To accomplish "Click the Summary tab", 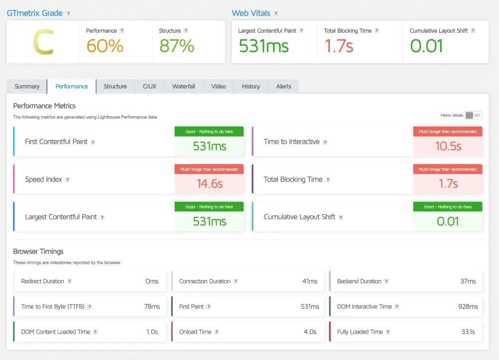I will (x=27, y=86).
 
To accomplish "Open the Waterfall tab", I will (x=184, y=86).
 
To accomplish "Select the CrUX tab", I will (x=149, y=86).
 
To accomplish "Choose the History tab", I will (x=250, y=86).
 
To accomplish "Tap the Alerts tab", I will (x=283, y=86).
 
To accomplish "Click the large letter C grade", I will (x=43, y=43).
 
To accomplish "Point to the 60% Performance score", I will (x=105, y=46).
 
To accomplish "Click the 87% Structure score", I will (x=177, y=46).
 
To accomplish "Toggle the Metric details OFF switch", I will (x=473, y=115).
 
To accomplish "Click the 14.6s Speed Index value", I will (x=210, y=183).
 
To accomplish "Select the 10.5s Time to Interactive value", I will (x=448, y=146).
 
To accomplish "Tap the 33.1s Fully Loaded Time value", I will (x=468, y=332).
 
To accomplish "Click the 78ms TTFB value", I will (x=152, y=307).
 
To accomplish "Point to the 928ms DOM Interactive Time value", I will (x=468, y=307).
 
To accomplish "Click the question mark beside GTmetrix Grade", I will (x=68, y=13).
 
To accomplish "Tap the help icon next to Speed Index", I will (x=67, y=180).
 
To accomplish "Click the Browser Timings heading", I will (x=38, y=251).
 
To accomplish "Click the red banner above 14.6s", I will (x=210, y=169).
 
